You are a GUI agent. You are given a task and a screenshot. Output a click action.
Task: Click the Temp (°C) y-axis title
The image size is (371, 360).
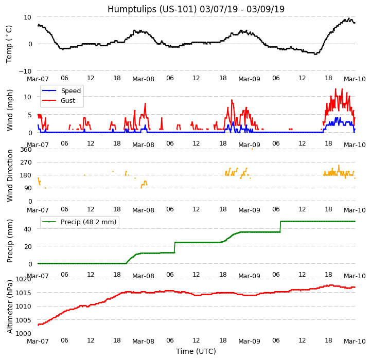[x=9, y=44]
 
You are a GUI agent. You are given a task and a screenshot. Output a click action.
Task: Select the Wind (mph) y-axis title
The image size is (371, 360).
[x=10, y=110]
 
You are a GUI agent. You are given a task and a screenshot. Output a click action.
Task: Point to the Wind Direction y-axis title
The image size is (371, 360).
[x=10, y=175]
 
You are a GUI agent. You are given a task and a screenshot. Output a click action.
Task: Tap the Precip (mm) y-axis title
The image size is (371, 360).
[x=10, y=241]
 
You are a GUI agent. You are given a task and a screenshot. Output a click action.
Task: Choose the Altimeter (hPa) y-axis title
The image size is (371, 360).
[x=10, y=306]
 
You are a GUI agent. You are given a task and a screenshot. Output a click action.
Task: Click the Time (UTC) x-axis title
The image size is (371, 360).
[x=196, y=351]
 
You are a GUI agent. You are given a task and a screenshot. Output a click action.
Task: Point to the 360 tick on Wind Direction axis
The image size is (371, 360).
[x=25, y=150]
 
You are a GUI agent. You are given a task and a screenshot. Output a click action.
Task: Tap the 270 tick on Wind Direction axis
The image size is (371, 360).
[x=25, y=163]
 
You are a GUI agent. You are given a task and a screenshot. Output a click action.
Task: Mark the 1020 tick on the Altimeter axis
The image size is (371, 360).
[x=23, y=279]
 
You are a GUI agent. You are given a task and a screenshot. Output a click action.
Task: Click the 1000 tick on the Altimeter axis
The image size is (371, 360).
[x=23, y=333]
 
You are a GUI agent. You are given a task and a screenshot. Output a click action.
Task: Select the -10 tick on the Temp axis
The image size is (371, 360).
[x=26, y=71]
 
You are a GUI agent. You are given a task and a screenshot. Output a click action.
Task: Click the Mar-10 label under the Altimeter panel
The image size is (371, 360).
[x=355, y=341]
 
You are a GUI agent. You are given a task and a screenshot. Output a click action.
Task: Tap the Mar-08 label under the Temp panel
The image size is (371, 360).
[x=143, y=79]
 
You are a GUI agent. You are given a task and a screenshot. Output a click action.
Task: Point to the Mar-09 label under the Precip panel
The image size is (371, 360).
[x=249, y=276]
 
